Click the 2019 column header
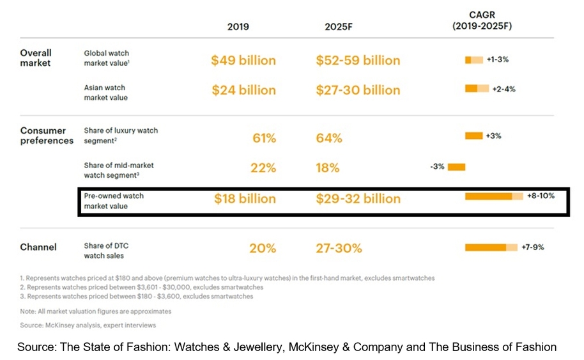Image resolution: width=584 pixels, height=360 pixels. pyautogui.click(x=238, y=27)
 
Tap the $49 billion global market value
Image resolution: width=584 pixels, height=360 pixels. pyautogui.click(x=243, y=60)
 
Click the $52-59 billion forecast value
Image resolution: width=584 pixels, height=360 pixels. pyautogui.click(x=358, y=60)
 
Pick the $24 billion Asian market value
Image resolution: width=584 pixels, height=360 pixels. pyautogui.click(x=243, y=90)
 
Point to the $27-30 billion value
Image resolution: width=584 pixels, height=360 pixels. pyautogui.click(x=358, y=90)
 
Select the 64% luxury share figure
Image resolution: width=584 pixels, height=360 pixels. pyautogui.click(x=329, y=138)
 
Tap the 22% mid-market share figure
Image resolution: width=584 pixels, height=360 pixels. pyautogui.click(x=262, y=168)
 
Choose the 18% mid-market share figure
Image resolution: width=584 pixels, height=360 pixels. pyautogui.click(x=328, y=168)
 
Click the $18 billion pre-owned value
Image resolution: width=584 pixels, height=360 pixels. pyautogui.click(x=243, y=199)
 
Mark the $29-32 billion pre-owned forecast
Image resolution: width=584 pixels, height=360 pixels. pyautogui.click(x=358, y=199)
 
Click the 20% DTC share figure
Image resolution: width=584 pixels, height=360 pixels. pyautogui.click(x=262, y=248)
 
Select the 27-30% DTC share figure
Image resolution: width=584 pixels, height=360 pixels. pyautogui.click(x=339, y=248)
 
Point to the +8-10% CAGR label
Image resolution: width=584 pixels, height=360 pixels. pyautogui.click(x=541, y=196)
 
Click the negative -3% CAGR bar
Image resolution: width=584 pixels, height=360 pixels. pyautogui.click(x=456, y=167)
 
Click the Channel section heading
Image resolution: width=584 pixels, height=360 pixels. pyautogui.click(x=38, y=247)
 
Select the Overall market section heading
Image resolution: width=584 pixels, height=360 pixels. pyautogui.click(x=36, y=58)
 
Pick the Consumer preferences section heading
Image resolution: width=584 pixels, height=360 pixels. pyautogui.click(x=47, y=136)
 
